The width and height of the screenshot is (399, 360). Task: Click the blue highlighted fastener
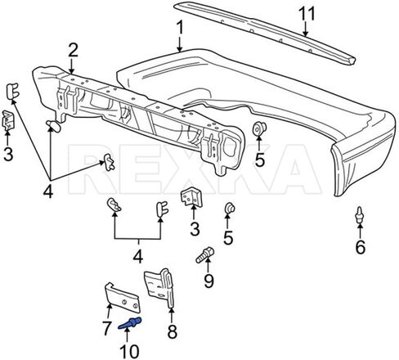click(130, 323)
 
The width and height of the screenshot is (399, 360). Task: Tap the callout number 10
click(130, 351)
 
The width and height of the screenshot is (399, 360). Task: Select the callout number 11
click(307, 14)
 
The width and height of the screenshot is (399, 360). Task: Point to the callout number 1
click(179, 28)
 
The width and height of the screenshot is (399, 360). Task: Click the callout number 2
click(73, 50)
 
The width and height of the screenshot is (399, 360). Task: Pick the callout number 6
click(360, 247)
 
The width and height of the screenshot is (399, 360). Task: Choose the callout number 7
click(106, 328)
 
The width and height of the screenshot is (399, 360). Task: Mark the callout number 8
click(172, 331)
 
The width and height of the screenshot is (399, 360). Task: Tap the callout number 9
click(208, 281)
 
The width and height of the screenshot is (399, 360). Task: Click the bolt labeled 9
click(205, 254)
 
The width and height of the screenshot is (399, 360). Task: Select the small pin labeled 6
click(361, 215)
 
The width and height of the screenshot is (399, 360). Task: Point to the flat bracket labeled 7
click(123, 297)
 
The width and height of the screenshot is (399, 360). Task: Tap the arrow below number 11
click(305, 29)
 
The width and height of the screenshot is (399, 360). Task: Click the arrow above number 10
click(127, 335)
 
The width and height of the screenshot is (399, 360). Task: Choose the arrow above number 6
click(361, 231)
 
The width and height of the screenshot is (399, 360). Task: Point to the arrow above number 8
click(172, 315)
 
